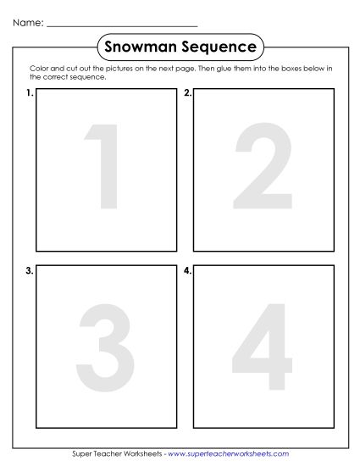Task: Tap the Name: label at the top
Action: click(x=27, y=23)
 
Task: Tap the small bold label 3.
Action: click(x=30, y=271)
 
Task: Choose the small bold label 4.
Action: click(x=187, y=271)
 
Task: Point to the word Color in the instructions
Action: click(x=38, y=69)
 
